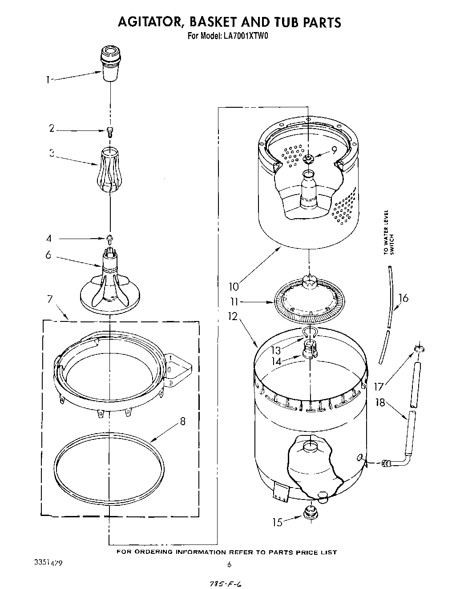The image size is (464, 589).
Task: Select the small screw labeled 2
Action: coord(109,130)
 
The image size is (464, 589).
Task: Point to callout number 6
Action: coord(48,256)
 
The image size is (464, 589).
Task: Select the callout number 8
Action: coord(182,421)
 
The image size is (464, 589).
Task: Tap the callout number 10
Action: coord(234,286)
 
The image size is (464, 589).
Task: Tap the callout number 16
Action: coord(403,298)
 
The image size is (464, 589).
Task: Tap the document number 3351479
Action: coord(48,563)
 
